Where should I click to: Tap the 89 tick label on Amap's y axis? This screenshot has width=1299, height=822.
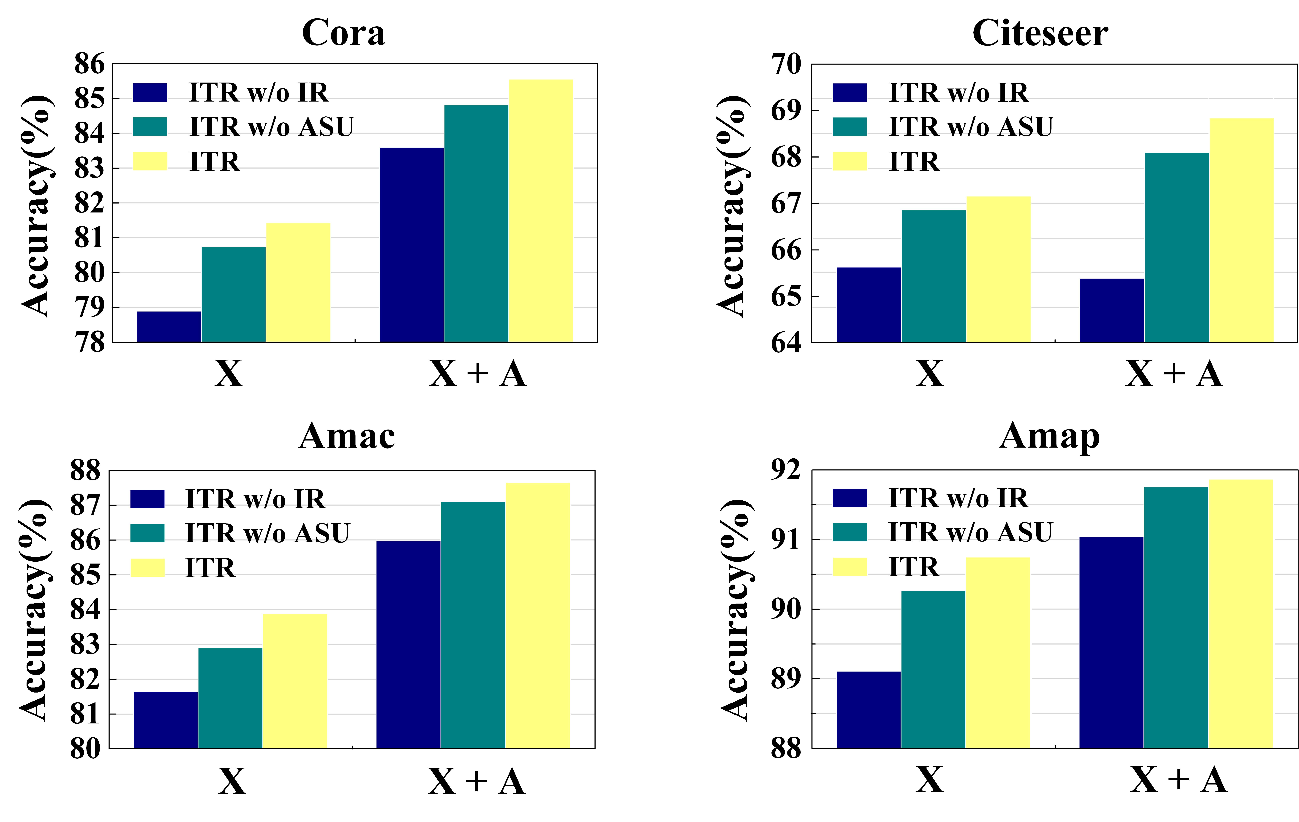coord(786,679)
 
